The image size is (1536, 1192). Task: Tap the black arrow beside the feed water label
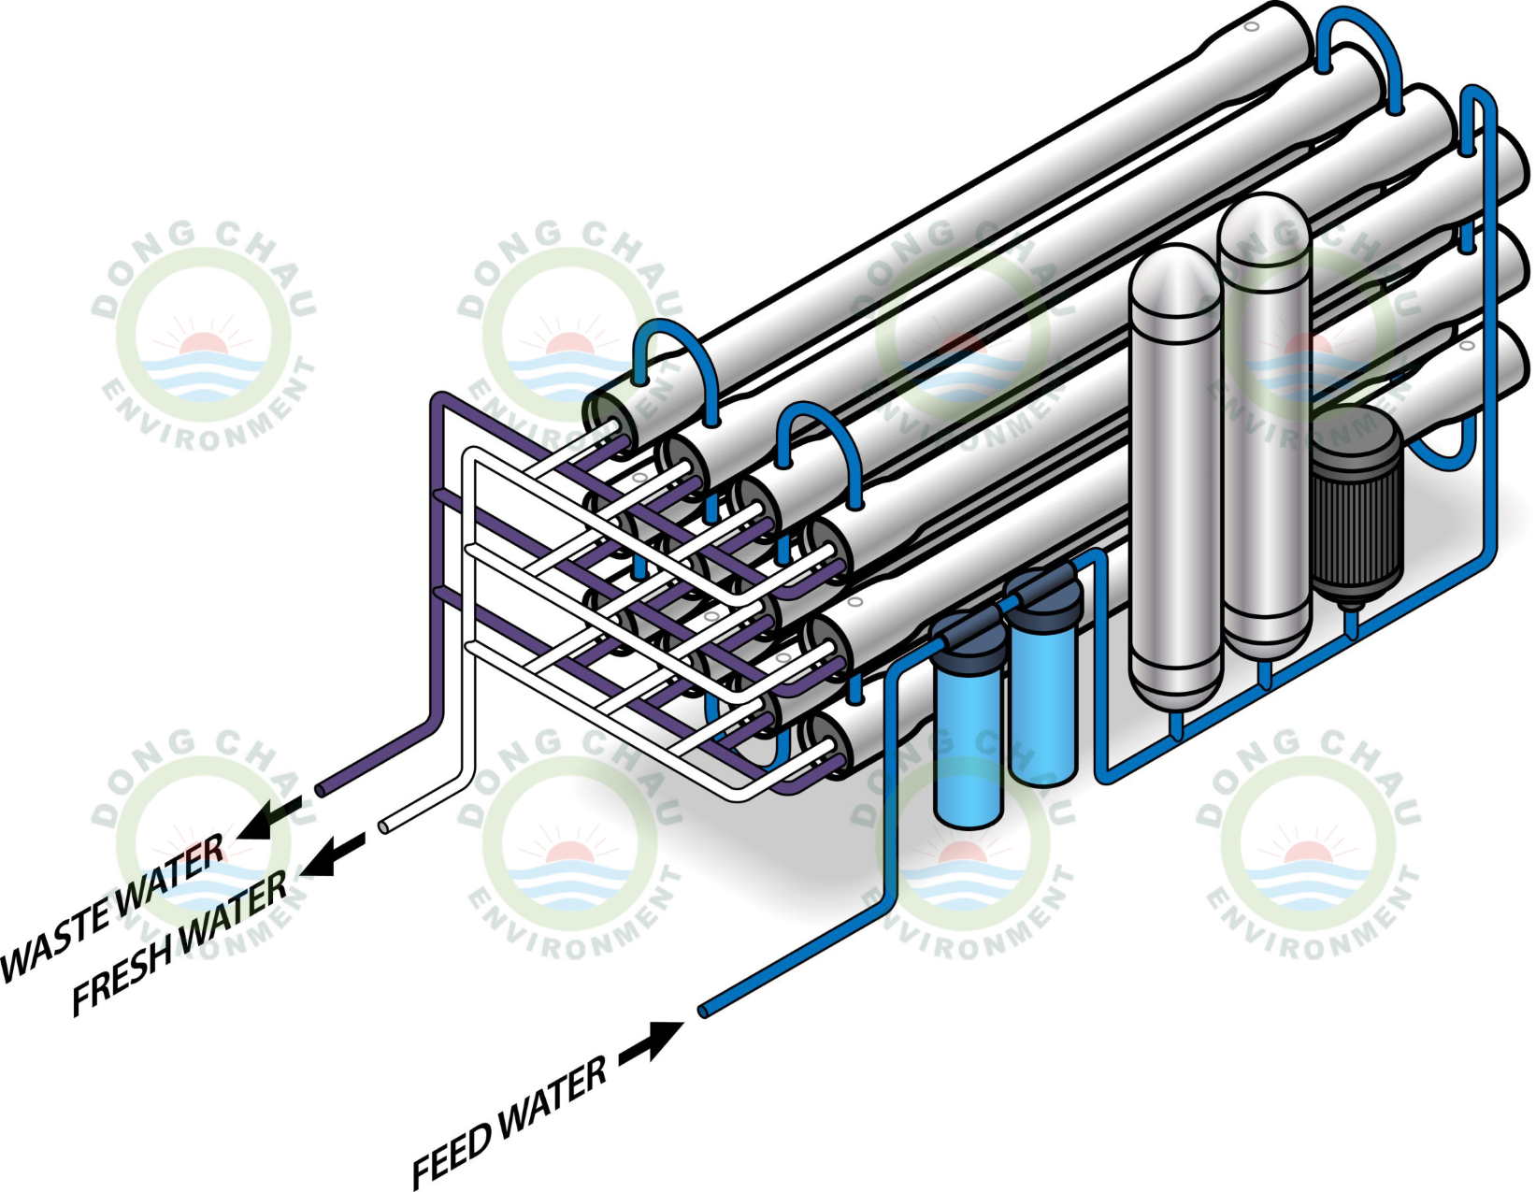point(652,1041)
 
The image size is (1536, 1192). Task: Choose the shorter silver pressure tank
point(1175,477)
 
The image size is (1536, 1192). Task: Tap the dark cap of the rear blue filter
point(1045,595)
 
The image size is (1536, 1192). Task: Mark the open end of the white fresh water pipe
point(384,826)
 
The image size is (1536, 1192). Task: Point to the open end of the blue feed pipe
point(704,1011)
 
